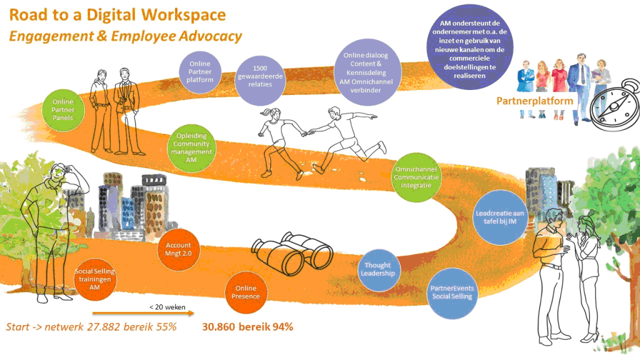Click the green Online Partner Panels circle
click(63, 110)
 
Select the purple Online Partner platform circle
click(200, 72)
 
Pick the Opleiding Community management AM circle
click(194, 148)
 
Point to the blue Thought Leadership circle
click(378, 269)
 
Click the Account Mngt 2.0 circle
click(178, 250)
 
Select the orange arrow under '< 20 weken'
click(143, 314)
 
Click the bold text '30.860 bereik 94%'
click(247, 327)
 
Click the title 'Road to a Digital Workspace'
click(118, 14)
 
